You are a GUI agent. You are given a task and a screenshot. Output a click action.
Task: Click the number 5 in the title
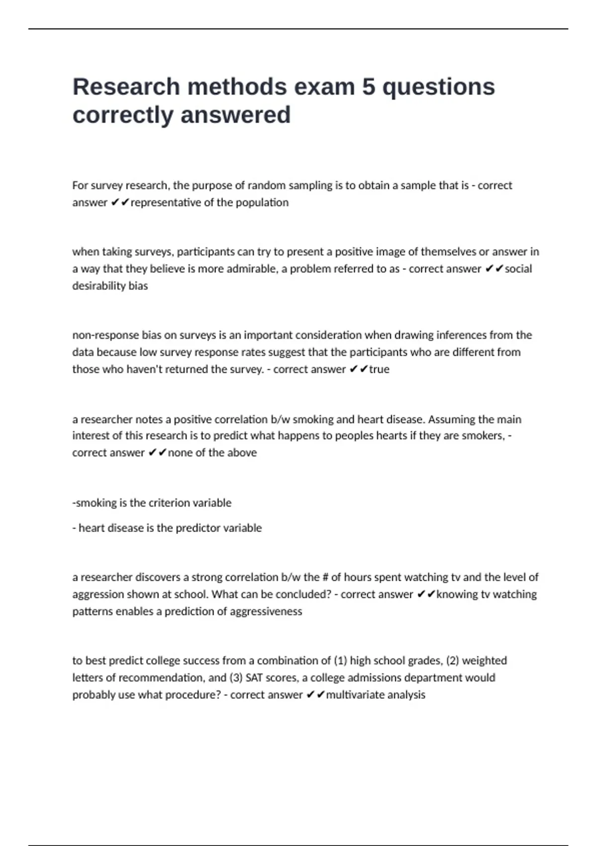pyautogui.click(x=369, y=87)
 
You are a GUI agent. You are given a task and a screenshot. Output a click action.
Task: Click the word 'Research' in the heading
pyautogui.click(x=126, y=87)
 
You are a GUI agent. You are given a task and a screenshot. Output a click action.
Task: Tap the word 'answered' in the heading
pyautogui.click(x=235, y=115)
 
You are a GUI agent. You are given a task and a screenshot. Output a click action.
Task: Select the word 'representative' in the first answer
pyautogui.click(x=166, y=203)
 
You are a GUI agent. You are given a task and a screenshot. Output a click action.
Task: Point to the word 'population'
pyautogui.click(x=263, y=203)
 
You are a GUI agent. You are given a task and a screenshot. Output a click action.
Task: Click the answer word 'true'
pyautogui.click(x=379, y=369)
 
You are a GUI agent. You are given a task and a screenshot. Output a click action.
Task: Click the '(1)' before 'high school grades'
pyautogui.click(x=340, y=660)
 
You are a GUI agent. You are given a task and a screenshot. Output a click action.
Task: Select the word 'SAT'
pyautogui.click(x=255, y=677)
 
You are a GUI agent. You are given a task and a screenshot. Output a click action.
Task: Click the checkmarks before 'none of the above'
pyautogui.click(x=157, y=453)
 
